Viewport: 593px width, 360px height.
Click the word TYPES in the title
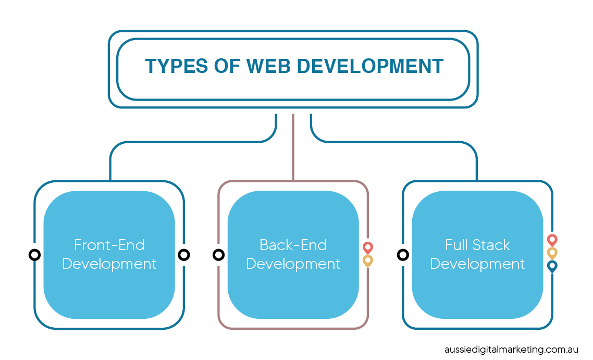pyautogui.click(x=176, y=66)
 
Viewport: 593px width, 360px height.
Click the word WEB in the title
pyautogui.click(x=268, y=66)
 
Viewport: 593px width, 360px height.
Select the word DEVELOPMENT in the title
pyautogui.click(x=370, y=66)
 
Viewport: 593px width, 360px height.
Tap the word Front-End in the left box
pyautogui.click(x=109, y=245)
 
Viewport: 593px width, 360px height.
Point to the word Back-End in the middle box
pyautogui.click(x=293, y=245)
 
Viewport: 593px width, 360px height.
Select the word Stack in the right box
pyautogui.click(x=491, y=245)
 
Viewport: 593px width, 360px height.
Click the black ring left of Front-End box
pyautogui.click(x=35, y=255)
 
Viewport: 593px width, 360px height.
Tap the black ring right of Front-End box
pyautogui.click(x=184, y=255)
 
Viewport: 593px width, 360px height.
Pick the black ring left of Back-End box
pyautogui.click(x=218, y=255)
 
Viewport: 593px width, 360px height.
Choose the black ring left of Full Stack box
pyautogui.click(x=403, y=255)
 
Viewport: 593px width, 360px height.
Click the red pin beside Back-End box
pyautogui.click(x=367, y=247)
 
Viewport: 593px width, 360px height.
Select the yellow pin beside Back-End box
pyautogui.click(x=367, y=261)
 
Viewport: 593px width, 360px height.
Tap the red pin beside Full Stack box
pyautogui.click(x=552, y=240)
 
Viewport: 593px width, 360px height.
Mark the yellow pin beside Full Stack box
pyautogui.click(x=552, y=253)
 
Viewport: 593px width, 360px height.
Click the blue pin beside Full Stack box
pyautogui.click(x=552, y=266)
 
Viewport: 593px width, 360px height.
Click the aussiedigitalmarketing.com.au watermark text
pyautogui.click(x=511, y=350)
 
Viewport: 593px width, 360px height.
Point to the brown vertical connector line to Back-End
pyautogui.click(x=293, y=147)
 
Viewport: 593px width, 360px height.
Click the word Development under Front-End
pyautogui.click(x=109, y=264)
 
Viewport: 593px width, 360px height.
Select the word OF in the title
pyautogui.click(x=227, y=66)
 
